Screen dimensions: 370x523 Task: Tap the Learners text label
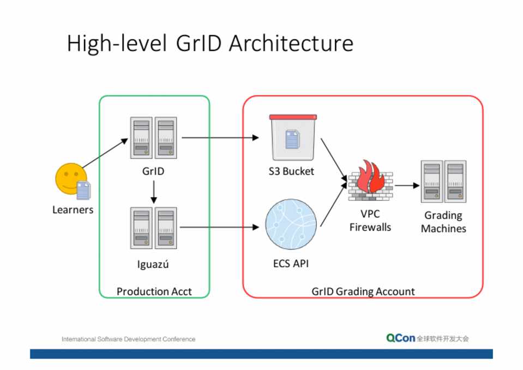(73, 210)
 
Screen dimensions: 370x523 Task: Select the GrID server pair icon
(153, 138)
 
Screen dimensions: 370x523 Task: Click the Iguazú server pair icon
(153, 228)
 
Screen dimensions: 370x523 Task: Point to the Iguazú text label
(153, 265)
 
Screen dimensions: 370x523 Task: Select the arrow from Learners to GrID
(105, 153)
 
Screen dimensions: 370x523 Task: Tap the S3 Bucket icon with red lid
(293, 138)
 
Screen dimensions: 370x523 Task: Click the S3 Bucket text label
(291, 171)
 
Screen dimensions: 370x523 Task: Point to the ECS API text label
(291, 264)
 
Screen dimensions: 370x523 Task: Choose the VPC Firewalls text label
(370, 221)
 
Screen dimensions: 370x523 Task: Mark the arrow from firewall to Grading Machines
(407, 186)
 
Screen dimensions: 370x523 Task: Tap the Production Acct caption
(154, 291)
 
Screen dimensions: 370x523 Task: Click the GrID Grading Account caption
(363, 291)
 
